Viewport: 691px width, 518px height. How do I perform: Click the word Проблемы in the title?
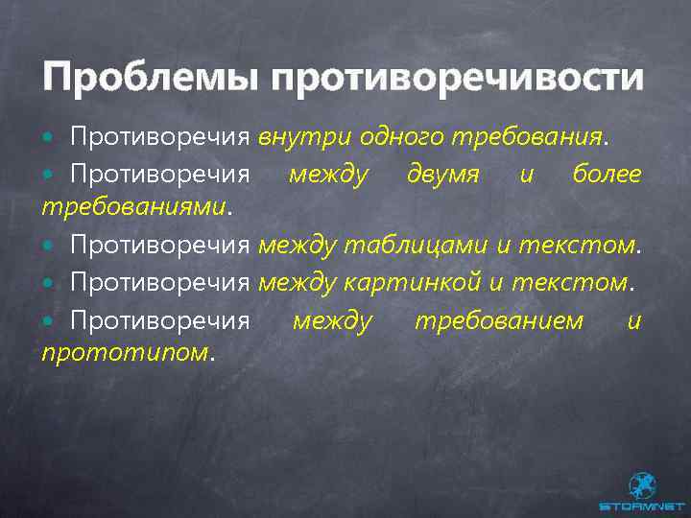[x=149, y=76]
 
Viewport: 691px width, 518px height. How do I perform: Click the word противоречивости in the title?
[x=457, y=78]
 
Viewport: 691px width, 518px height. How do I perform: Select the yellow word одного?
[x=402, y=137]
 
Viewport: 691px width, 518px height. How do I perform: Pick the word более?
[x=607, y=175]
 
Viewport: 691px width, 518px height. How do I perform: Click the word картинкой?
[x=422, y=283]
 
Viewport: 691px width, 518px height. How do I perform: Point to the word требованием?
[x=498, y=320]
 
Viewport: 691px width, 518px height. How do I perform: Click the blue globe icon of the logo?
[x=642, y=484]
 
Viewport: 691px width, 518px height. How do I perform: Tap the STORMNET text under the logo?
[x=641, y=506]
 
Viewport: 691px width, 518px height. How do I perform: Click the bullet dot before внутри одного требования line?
[x=50, y=138]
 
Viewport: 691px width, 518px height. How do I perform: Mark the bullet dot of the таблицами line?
[x=50, y=246]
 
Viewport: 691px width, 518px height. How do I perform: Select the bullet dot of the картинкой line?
[x=50, y=284]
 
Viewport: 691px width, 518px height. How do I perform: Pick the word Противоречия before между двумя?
[x=159, y=175]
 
